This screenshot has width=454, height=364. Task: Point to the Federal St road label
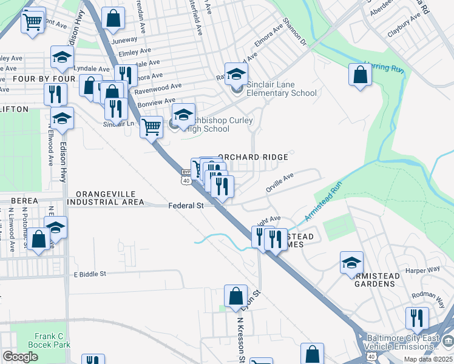186,206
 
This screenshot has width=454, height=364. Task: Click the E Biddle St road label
90,274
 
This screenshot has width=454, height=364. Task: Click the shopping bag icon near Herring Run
360,76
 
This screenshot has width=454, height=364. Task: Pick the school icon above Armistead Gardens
351,263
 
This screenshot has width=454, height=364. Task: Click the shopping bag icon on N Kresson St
235,296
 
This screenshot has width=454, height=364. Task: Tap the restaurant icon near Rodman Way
416,318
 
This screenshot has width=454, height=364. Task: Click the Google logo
20,357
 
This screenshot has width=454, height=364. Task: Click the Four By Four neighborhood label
38,79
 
